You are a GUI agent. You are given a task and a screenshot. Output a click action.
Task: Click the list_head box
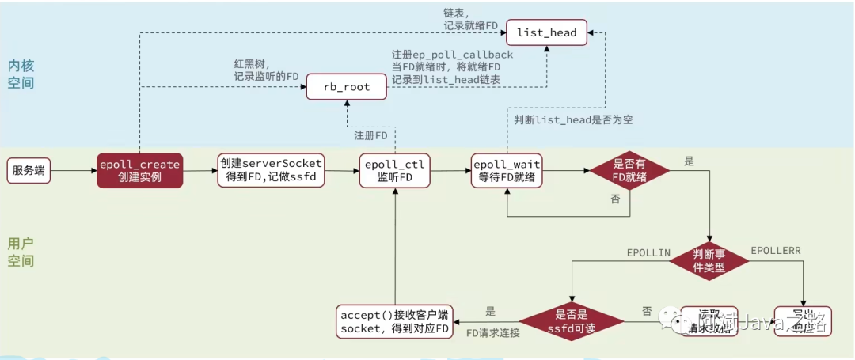click(x=547, y=33)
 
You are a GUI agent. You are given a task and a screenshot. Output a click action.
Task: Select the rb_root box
click(x=347, y=87)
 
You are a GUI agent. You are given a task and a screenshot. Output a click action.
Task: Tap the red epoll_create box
click(x=139, y=170)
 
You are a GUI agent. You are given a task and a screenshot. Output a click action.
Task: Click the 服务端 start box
click(x=30, y=170)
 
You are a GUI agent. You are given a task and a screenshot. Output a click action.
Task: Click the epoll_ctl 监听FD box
click(x=394, y=170)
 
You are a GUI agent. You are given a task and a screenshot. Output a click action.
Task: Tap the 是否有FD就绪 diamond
click(x=629, y=170)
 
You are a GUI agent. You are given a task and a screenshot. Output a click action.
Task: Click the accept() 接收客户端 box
click(x=393, y=321)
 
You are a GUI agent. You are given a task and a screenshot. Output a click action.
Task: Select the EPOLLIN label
click(x=648, y=252)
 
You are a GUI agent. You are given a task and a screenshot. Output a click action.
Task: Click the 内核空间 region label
click(x=21, y=74)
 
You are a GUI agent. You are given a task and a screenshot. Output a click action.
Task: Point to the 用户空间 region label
click(x=21, y=252)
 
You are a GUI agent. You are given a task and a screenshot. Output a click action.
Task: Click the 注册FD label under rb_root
click(x=370, y=135)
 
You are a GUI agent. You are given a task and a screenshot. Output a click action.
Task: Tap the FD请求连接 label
click(x=492, y=333)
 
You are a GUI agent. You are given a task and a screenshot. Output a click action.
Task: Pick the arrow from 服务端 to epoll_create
click(x=74, y=170)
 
